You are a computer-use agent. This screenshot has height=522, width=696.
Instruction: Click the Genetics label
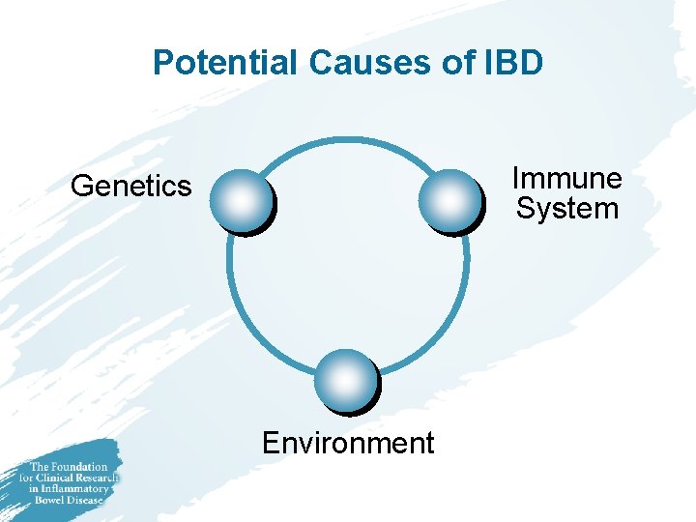tap(131, 186)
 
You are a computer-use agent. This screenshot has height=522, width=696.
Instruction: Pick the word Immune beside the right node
tap(566, 179)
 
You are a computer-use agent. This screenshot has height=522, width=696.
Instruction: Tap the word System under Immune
tap(566, 208)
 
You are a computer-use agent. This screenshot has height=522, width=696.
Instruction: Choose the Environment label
tap(348, 443)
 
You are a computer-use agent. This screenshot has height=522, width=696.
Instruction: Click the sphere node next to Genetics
tap(241, 200)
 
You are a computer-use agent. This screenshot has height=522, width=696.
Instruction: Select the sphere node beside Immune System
tap(449, 200)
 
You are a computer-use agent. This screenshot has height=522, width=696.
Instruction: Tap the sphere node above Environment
tap(346, 380)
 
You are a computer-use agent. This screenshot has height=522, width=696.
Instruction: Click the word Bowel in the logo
tap(49, 500)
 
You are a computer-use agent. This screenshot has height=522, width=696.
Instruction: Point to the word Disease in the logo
tap(85, 500)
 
